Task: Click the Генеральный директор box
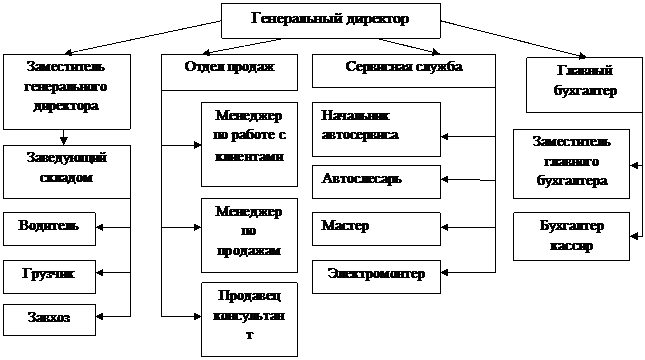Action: [x=331, y=21]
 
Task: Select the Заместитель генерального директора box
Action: [x=67, y=92]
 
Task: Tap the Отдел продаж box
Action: [x=229, y=72]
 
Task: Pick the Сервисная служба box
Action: [x=404, y=71]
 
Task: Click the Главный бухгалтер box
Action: [x=584, y=85]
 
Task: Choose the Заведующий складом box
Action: [x=67, y=172]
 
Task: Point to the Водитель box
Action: [x=49, y=229]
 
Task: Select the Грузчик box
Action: [x=49, y=276]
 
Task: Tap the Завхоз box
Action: [x=49, y=320]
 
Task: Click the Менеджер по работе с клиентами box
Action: [x=249, y=144]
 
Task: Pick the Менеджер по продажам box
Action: [x=249, y=235]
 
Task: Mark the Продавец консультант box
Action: [x=249, y=319]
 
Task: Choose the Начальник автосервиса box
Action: [x=376, y=130]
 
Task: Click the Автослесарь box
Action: [x=376, y=182]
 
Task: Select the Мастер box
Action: [x=376, y=229]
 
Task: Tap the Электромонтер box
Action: [x=376, y=276]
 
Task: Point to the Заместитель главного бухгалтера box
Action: [x=571, y=164]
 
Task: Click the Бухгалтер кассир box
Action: [x=571, y=236]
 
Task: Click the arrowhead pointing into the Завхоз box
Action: [x=100, y=316]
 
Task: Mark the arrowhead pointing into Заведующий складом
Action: [x=63, y=141]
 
